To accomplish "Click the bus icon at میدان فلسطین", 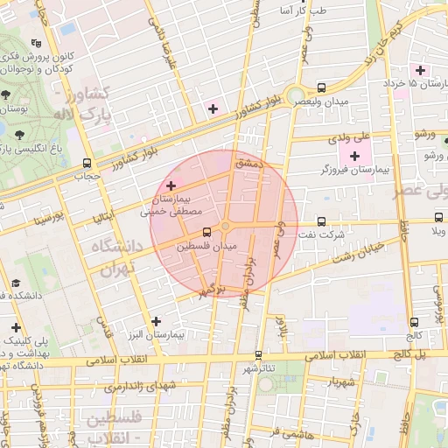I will point(207,233).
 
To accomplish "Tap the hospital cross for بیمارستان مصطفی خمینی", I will point(171,185).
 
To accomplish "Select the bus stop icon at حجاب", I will point(87,163).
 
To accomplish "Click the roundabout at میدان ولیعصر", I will point(297,95).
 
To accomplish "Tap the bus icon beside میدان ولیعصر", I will point(322,87).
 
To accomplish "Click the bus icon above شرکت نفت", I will point(322,221).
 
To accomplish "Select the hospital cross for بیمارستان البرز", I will point(157,321).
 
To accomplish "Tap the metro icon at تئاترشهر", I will point(257,355).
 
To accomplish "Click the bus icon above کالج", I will point(413,322).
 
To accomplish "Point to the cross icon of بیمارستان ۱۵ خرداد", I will point(421,69).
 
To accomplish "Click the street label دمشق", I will point(249,163).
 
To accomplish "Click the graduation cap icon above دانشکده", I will point(16,283).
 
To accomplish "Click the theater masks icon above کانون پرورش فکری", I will point(35,43).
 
